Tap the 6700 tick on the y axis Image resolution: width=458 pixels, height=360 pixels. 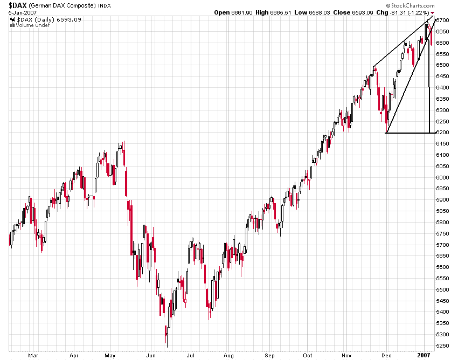(x=443, y=20)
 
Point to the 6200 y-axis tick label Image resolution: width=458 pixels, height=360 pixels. (x=443, y=133)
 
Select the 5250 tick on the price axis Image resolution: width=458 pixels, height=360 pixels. (x=443, y=346)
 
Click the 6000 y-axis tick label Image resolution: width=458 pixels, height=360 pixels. (x=443, y=177)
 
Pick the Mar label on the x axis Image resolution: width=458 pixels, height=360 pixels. (x=33, y=356)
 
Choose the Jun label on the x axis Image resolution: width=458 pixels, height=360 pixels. (x=152, y=356)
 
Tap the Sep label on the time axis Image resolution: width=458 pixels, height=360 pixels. (x=270, y=356)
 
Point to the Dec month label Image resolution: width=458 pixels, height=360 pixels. (x=387, y=356)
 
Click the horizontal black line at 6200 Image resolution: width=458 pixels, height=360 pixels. (x=408, y=133)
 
